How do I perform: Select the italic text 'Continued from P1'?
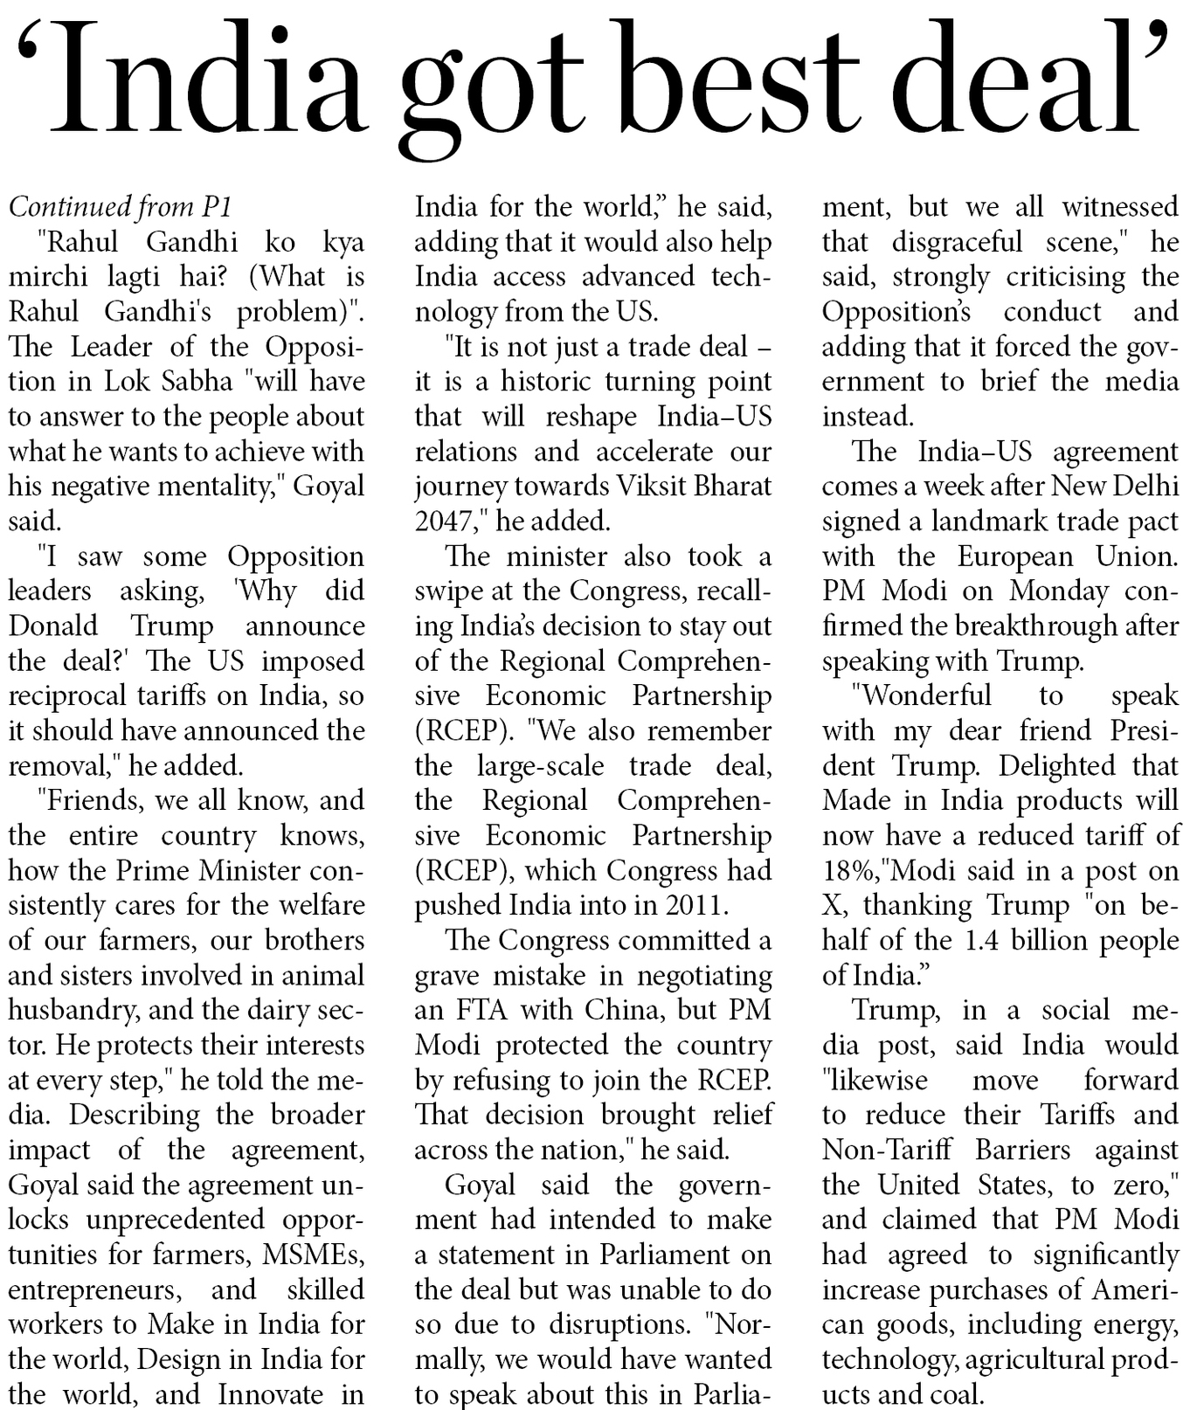(121, 207)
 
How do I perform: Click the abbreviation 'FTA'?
(481, 1011)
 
